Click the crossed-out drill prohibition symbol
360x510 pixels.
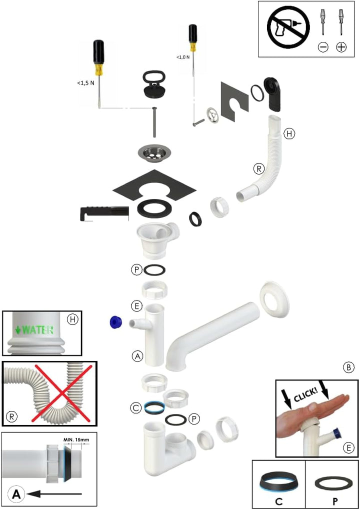pos(288,27)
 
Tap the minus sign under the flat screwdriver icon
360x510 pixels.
pos(323,47)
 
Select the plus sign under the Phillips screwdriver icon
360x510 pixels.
pos(341,47)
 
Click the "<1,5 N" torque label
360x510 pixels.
pos(85,83)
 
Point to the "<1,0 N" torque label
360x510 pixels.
pos(183,57)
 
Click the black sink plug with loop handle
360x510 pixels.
pos(154,83)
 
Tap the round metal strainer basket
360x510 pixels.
pos(153,153)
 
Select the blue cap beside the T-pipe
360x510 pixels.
pos(116,322)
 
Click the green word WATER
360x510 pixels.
pos(37,330)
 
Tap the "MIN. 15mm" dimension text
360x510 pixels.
pos(76,439)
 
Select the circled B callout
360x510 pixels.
pos(348,367)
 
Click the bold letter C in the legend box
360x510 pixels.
pos(278,501)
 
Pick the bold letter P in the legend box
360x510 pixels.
pos(334,501)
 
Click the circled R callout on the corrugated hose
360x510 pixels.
pos(259,169)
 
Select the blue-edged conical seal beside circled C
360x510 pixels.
pos(154,407)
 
